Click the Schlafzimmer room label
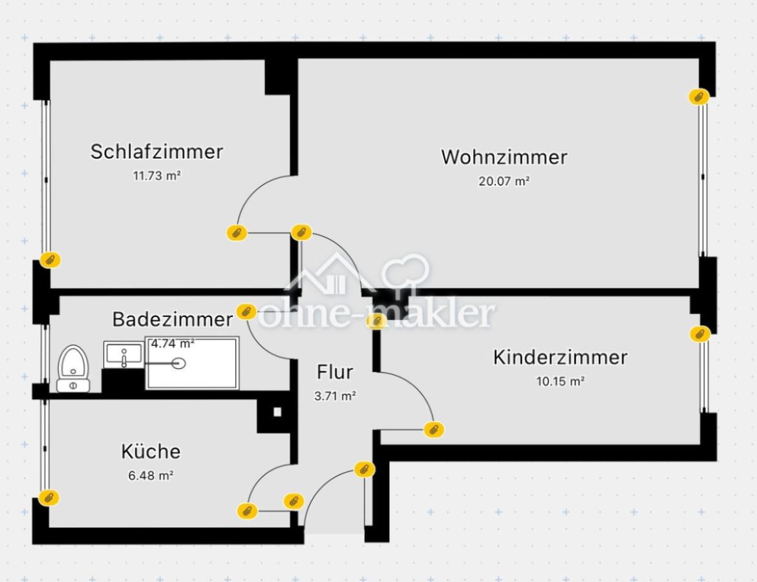[x=156, y=151]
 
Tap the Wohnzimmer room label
[x=504, y=156]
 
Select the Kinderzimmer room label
[x=560, y=357]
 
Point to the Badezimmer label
[x=172, y=319]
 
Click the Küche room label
[x=151, y=451]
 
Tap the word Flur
[x=335, y=372]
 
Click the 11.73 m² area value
[x=156, y=175]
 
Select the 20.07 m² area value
[x=504, y=181]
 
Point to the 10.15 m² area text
[x=560, y=382]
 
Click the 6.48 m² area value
[x=151, y=475]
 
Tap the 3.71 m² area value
[x=335, y=396]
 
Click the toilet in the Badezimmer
[x=72, y=369]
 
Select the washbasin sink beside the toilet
[x=123, y=355]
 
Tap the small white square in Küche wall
[x=277, y=411]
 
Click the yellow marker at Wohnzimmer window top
[x=698, y=97]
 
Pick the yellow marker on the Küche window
[x=48, y=497]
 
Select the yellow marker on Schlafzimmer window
[x=50, y=260]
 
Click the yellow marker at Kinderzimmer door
[x=433, y=429]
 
